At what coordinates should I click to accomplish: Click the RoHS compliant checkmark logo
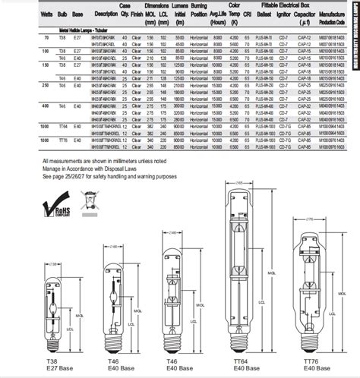(61, 203)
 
